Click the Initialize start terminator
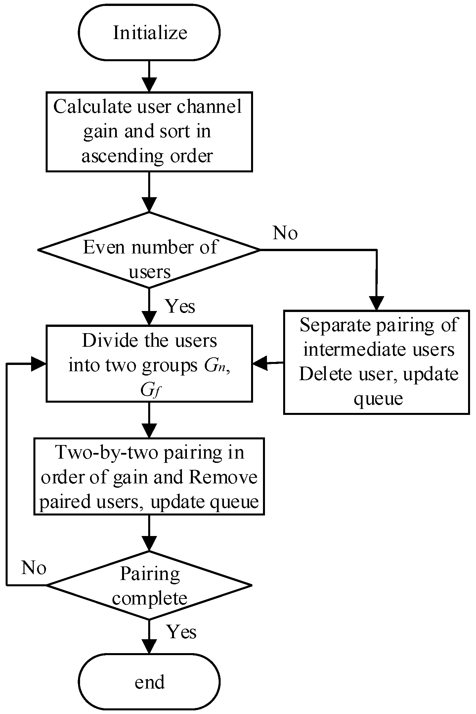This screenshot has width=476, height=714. (x=149, y=32)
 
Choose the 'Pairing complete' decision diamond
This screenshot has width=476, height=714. (x=149, y=585)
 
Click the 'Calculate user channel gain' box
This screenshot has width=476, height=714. (x=149, y=132)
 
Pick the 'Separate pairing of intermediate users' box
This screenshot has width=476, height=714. (x=376, y=362)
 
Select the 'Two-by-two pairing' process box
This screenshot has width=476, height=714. (x=149, y=476)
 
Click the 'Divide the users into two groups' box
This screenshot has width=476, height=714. (x=149, y=363)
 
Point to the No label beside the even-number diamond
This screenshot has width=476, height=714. (x=285, y=233)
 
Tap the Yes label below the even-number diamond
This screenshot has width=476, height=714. (x=180, y=306)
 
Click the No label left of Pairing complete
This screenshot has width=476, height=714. (x=33, y=568)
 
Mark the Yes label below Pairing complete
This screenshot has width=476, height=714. (x=181, y=632)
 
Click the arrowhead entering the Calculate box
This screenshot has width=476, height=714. (x=149, y=85)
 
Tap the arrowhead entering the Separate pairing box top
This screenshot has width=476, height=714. (x=376, y=303)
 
